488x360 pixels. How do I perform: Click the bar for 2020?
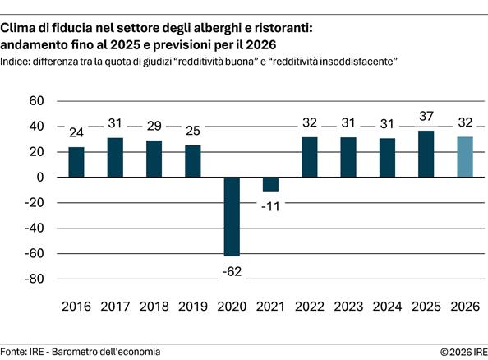(x=232, y=216)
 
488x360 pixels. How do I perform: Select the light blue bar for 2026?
(x=465, y=157)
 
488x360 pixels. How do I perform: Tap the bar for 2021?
(x=270, y=184)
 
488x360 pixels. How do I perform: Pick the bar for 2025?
(x=426, y=154)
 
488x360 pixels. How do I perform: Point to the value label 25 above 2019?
(x=192, y=128)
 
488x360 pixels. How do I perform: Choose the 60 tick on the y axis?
(x=35, y=101)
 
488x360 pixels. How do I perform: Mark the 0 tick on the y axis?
(x=39, y=178)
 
